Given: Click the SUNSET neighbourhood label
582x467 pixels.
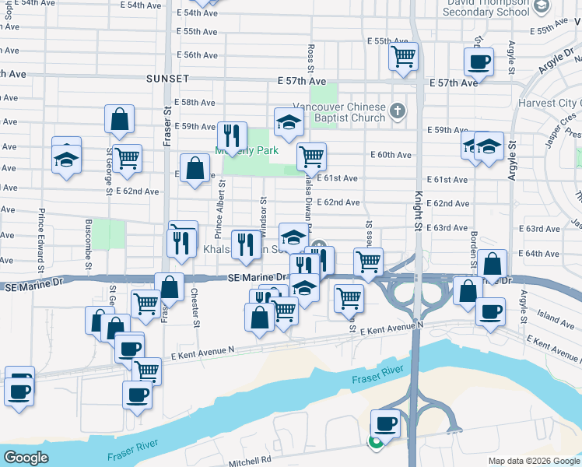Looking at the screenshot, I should [x=167, y=79].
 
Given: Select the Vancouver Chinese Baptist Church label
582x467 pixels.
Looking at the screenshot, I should [x=339, y=112].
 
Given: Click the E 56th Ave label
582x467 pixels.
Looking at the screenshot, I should [x=197, y=55].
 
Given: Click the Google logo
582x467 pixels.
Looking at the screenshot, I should [x=26, y=458].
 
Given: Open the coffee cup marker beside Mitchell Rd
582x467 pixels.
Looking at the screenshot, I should [x=385, y=423].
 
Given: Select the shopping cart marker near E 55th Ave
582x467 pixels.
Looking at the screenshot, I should [x=403, y=55].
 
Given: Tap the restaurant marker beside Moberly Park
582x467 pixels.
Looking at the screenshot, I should [x=231, y=135].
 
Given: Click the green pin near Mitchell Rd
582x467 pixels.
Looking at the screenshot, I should [x=375, y=443].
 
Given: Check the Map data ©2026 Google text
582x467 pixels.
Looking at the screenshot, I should [x=533, y=461].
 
